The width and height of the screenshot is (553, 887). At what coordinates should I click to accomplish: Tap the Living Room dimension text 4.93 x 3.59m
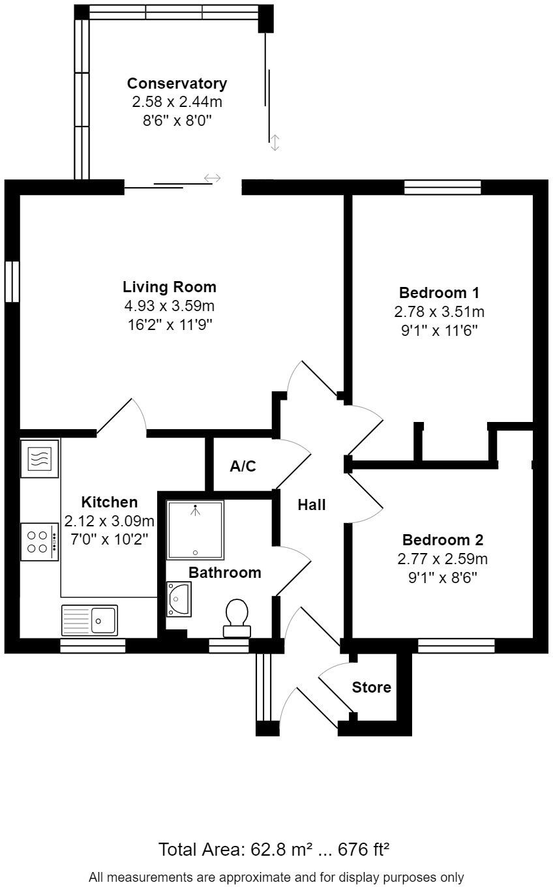click(169, 305)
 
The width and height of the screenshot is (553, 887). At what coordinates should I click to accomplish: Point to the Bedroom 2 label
click(442, 540)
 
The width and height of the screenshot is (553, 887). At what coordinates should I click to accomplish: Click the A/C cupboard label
click(243, 466)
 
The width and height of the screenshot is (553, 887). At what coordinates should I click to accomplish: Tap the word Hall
click(312, 504)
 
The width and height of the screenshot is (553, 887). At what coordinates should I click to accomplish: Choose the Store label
click(371, 687)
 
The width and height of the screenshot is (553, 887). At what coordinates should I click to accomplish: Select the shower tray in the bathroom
click(195, 530)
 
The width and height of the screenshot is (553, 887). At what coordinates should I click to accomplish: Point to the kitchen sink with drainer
click(90, 620)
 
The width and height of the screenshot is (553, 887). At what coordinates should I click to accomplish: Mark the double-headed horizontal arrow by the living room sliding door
click(213, 177)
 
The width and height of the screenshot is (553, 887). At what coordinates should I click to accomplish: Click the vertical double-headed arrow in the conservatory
click(275, 142)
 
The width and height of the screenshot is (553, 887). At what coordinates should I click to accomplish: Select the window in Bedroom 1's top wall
click(442, 187)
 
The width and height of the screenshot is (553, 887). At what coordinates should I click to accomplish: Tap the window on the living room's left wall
click(12, 281)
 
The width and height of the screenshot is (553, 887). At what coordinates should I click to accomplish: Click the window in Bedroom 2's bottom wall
click(456, 646)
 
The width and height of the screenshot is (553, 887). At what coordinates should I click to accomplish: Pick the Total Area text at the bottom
click(274, 849)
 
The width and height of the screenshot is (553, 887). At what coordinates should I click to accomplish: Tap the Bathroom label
click(224, 573)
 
